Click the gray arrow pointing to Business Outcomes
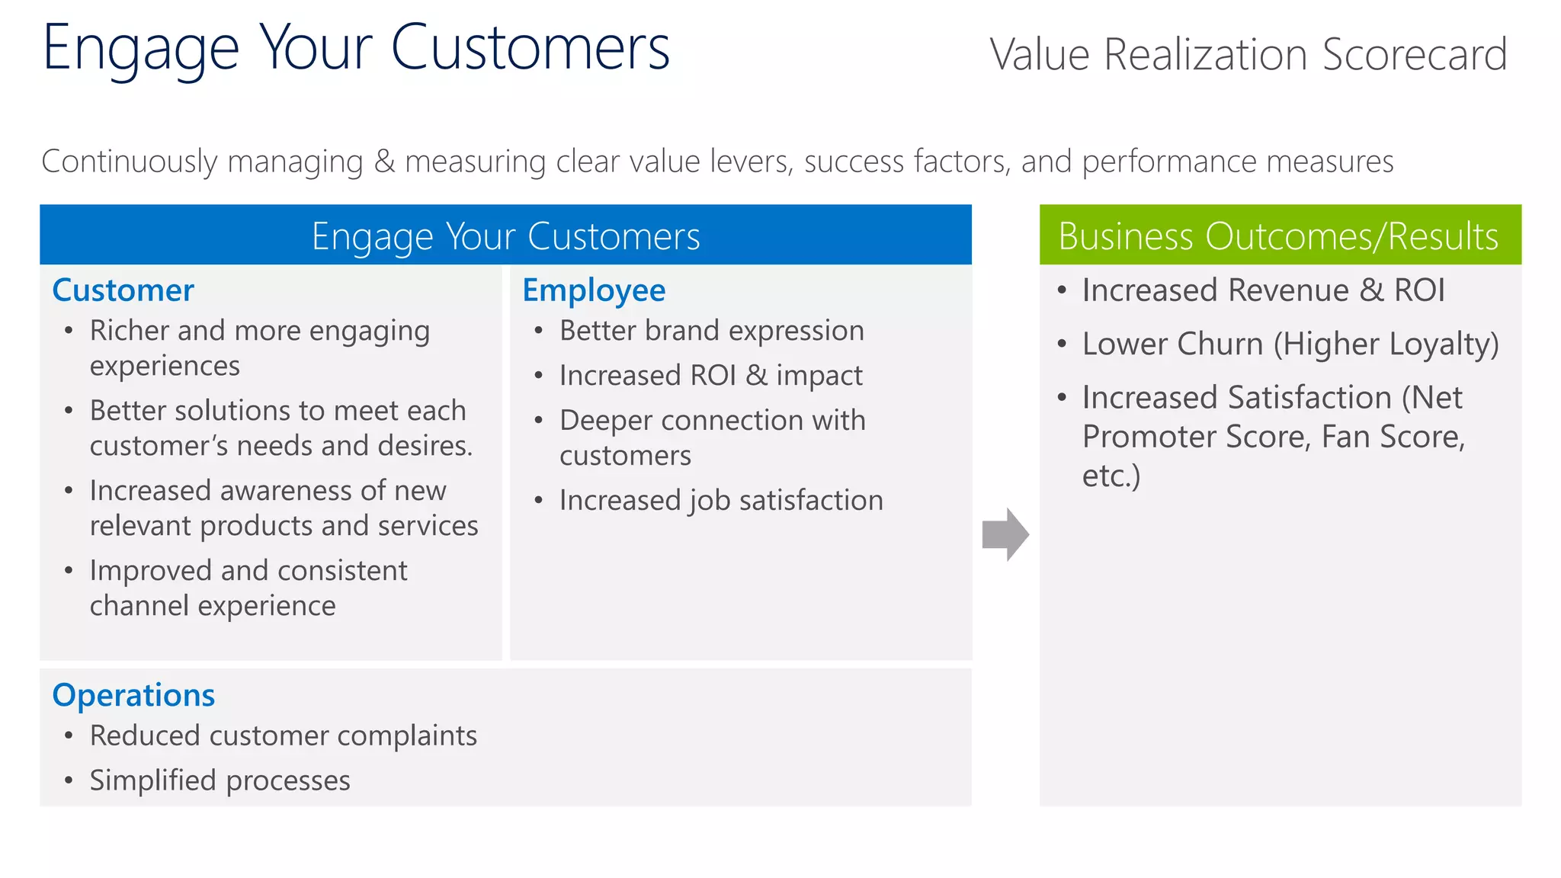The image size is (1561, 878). pos(1005,534)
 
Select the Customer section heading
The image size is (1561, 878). pos(123,290)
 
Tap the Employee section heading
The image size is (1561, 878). pos(594,290)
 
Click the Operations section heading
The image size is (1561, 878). pos(133,695)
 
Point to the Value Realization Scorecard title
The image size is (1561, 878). pos(1248,55)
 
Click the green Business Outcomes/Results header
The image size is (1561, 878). pos(1279,236)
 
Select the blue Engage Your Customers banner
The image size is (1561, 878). pos(505,236)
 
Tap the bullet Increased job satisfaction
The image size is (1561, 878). pos(720,501)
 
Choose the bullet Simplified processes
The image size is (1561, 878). pos(220,780)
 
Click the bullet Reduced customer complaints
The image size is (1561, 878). pos(283,735)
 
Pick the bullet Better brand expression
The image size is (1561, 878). pos(711,331)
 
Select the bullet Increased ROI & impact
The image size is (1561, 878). pos(710,376)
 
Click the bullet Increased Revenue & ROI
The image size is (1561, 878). pos(1263,290)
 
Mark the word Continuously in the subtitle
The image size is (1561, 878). pos(130,162)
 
